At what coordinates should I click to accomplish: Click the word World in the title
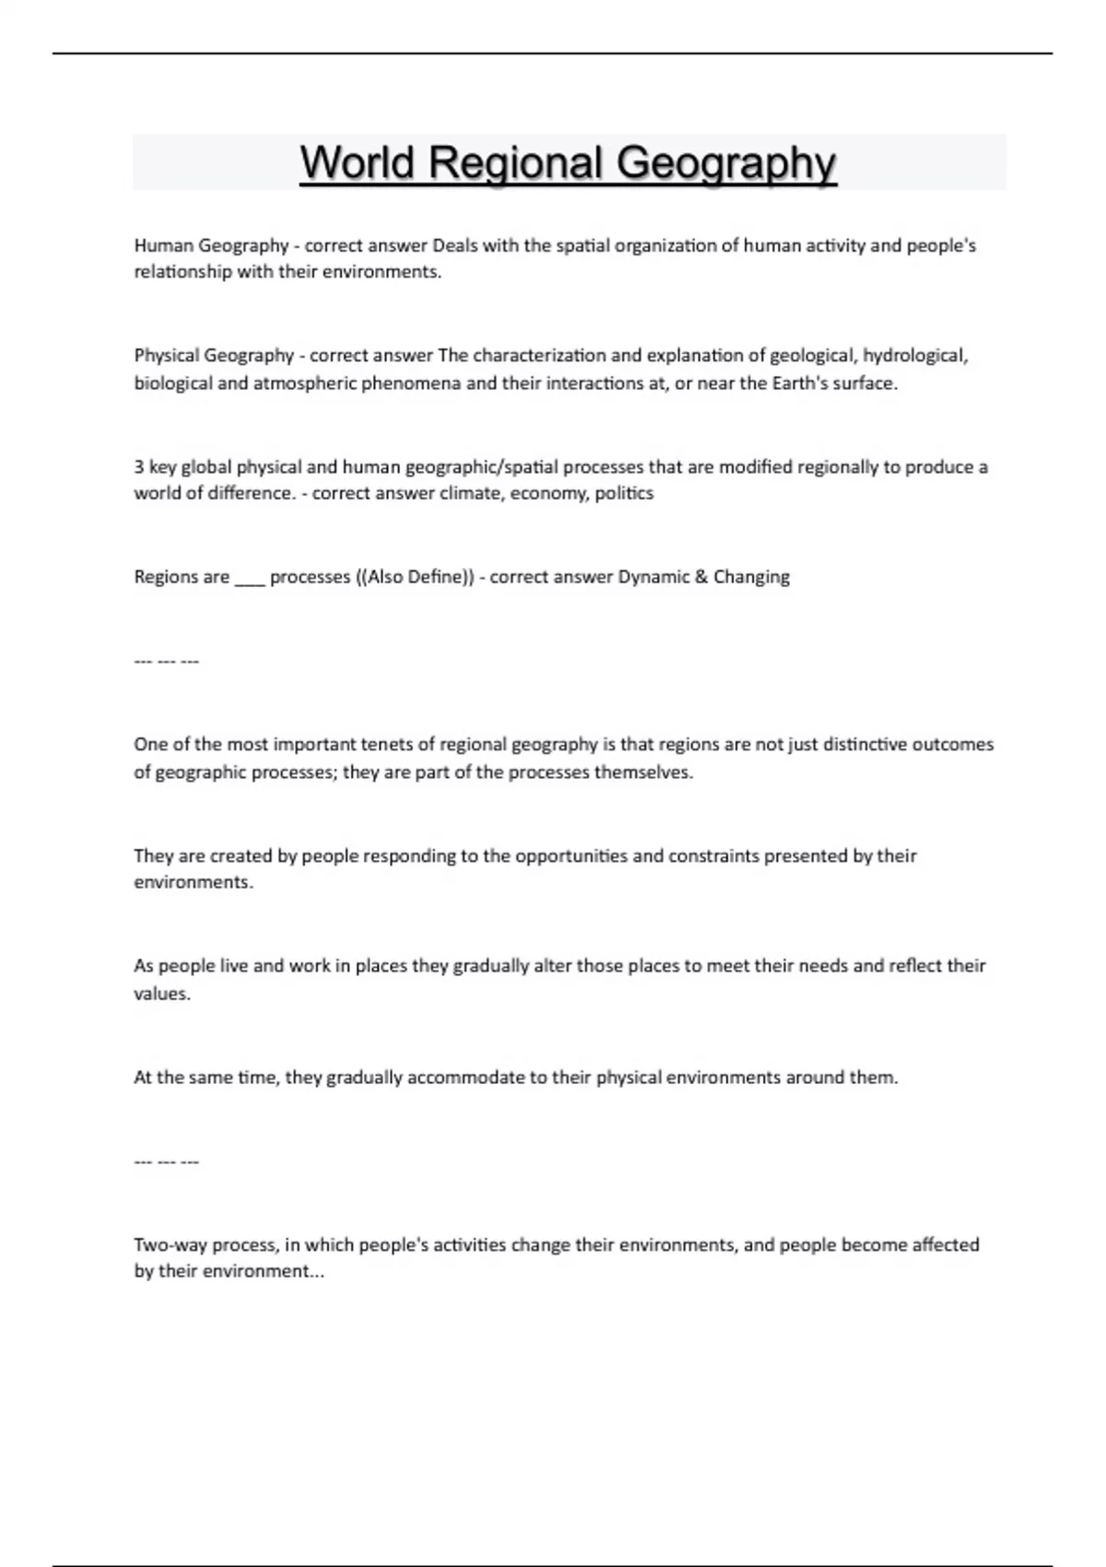[x=357, y=163]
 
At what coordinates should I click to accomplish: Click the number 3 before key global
[x=139, y=467]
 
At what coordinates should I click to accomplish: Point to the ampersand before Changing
[x=701, y=577]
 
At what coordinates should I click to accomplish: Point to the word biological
[x=172, y=383]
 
